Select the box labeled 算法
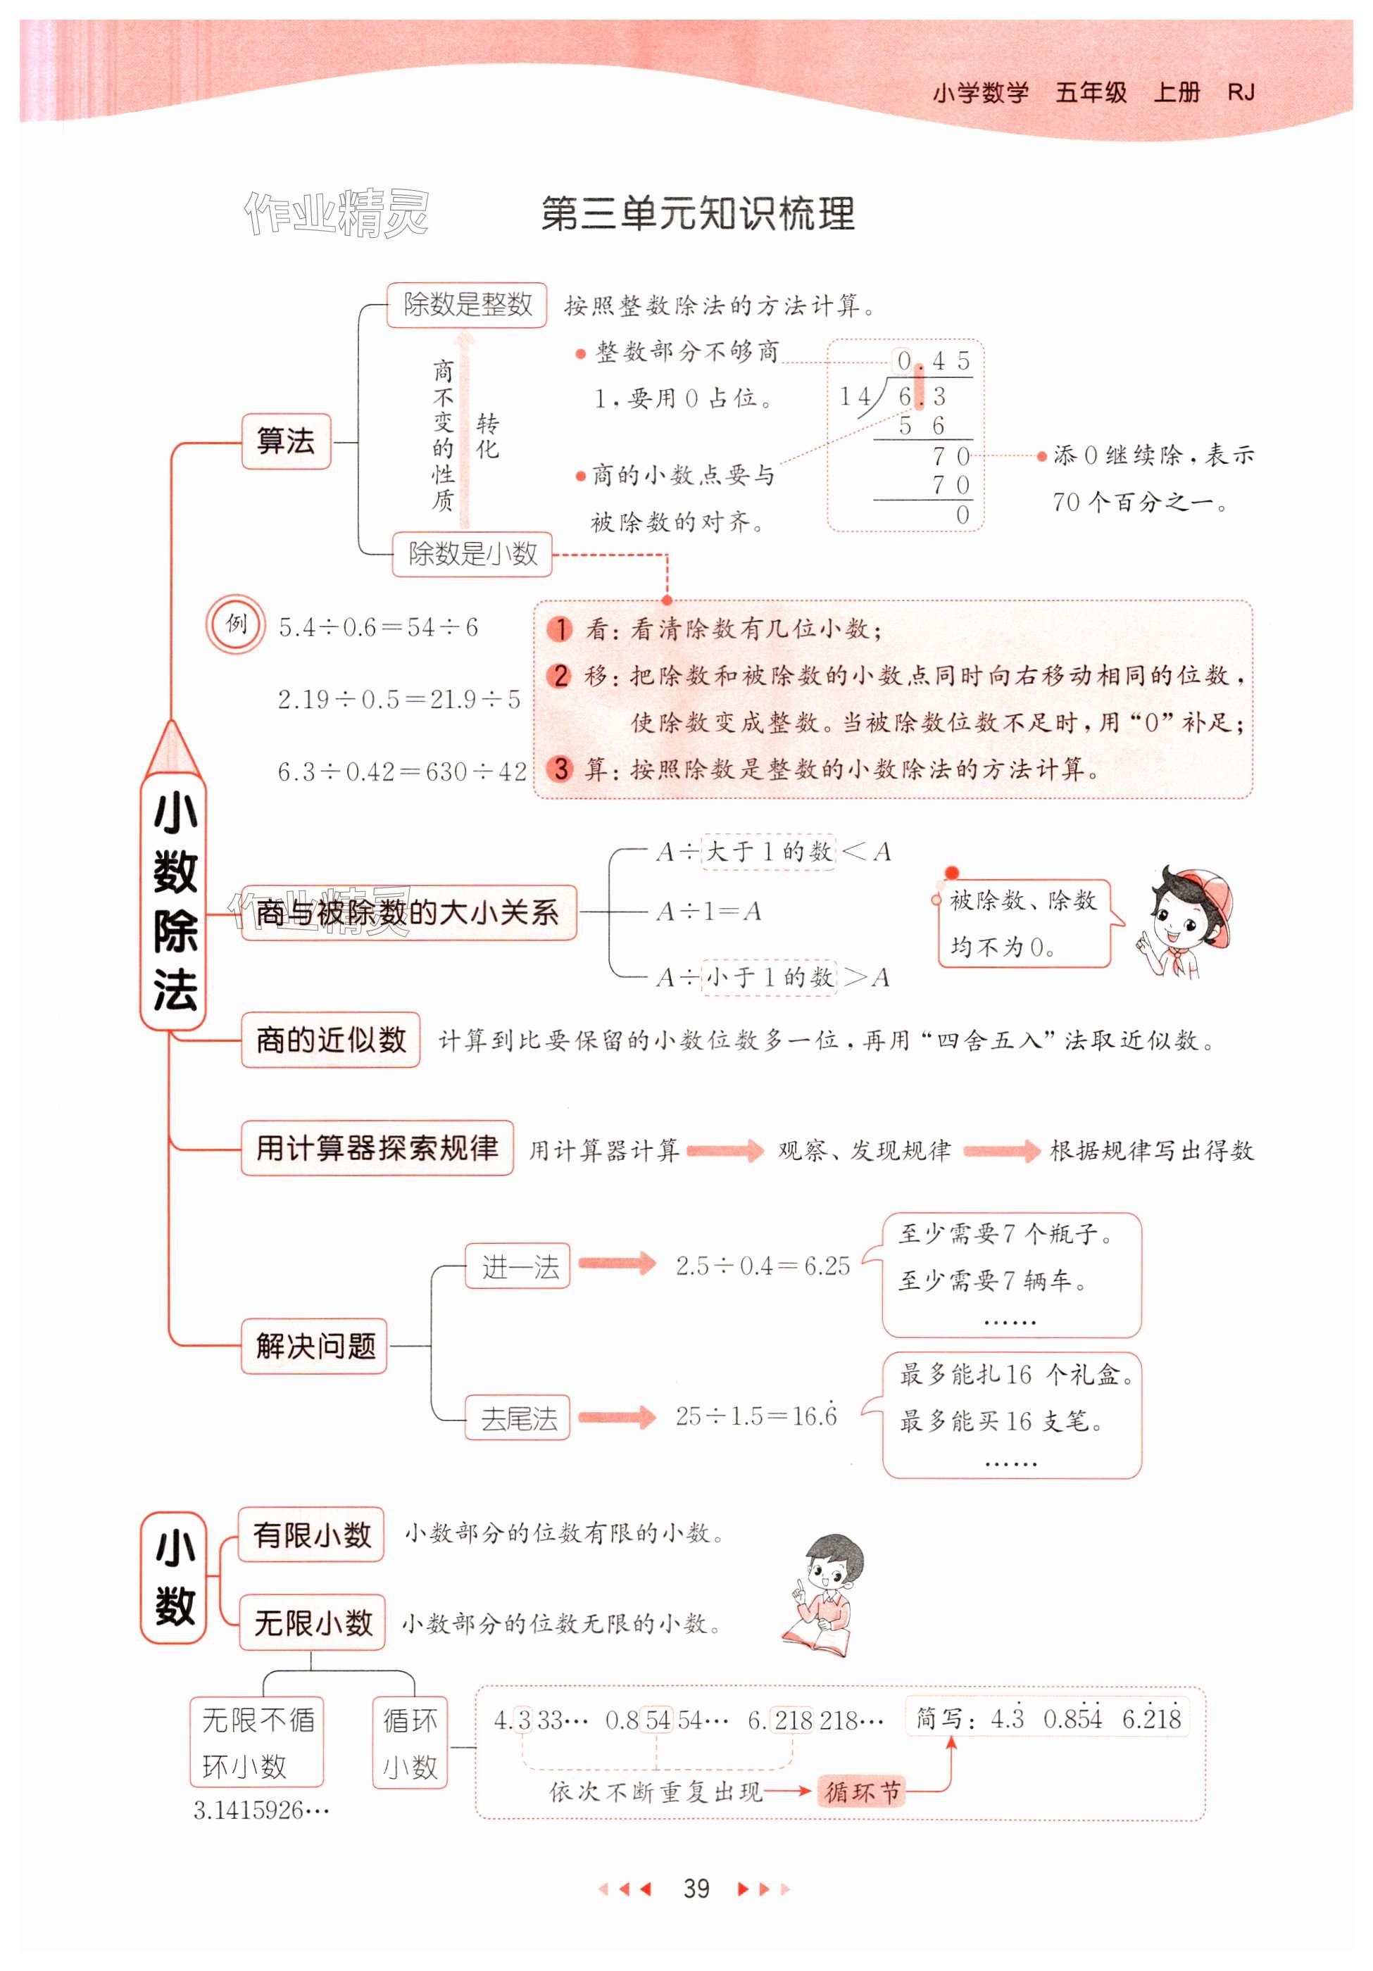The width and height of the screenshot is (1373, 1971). click(286, 441)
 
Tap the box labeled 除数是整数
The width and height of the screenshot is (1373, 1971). click(466, 305)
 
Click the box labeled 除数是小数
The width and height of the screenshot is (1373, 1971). click(472, 554)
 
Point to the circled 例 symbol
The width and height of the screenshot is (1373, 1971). click(235, 624)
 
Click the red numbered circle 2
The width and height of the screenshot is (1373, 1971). click(560, 676)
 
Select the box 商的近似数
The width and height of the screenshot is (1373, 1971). click(331, 1040)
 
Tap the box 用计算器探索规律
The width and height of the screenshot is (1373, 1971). click(377, 1147)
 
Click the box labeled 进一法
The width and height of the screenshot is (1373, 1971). click(518, 1266)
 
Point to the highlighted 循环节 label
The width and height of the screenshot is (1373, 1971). click(861, 1791)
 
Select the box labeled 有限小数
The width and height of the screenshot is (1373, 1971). click(311, 1534)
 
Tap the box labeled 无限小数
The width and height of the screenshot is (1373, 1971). click(312, 1623)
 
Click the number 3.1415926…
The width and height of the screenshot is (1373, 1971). click(261, 1811)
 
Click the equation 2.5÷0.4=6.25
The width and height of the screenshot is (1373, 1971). click(763, 1266)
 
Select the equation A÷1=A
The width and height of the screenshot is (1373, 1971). click(708, 911)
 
